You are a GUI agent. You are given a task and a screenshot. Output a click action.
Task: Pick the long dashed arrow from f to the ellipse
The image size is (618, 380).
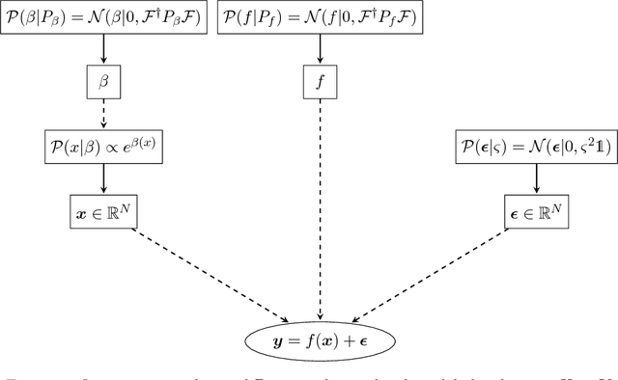[x=321, y=203]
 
